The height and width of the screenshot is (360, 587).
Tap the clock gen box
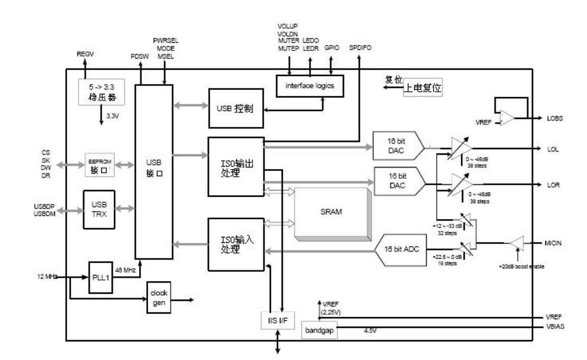[158, 295]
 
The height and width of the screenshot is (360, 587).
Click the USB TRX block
[99, 209]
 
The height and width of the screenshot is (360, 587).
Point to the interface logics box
[310, 86]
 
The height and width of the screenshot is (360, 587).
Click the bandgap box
[319, 331]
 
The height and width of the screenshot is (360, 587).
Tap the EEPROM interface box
[99, 164]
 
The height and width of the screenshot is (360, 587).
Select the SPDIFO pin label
[360, 47]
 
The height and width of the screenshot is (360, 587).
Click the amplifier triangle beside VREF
[506, 118]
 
